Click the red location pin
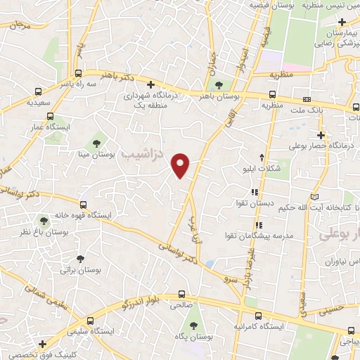pyautogui.click(x=181, y=164)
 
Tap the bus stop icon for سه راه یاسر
pyautogui.click(x=78, y=72)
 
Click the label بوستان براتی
pyautogui.click(x=77, y=269)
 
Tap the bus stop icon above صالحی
pyautogui.click(x=182, y=294)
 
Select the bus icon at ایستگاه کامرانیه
pyautogui.click(x=259, y=316)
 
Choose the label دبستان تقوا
pyautogui.click(x=254, y=203)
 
